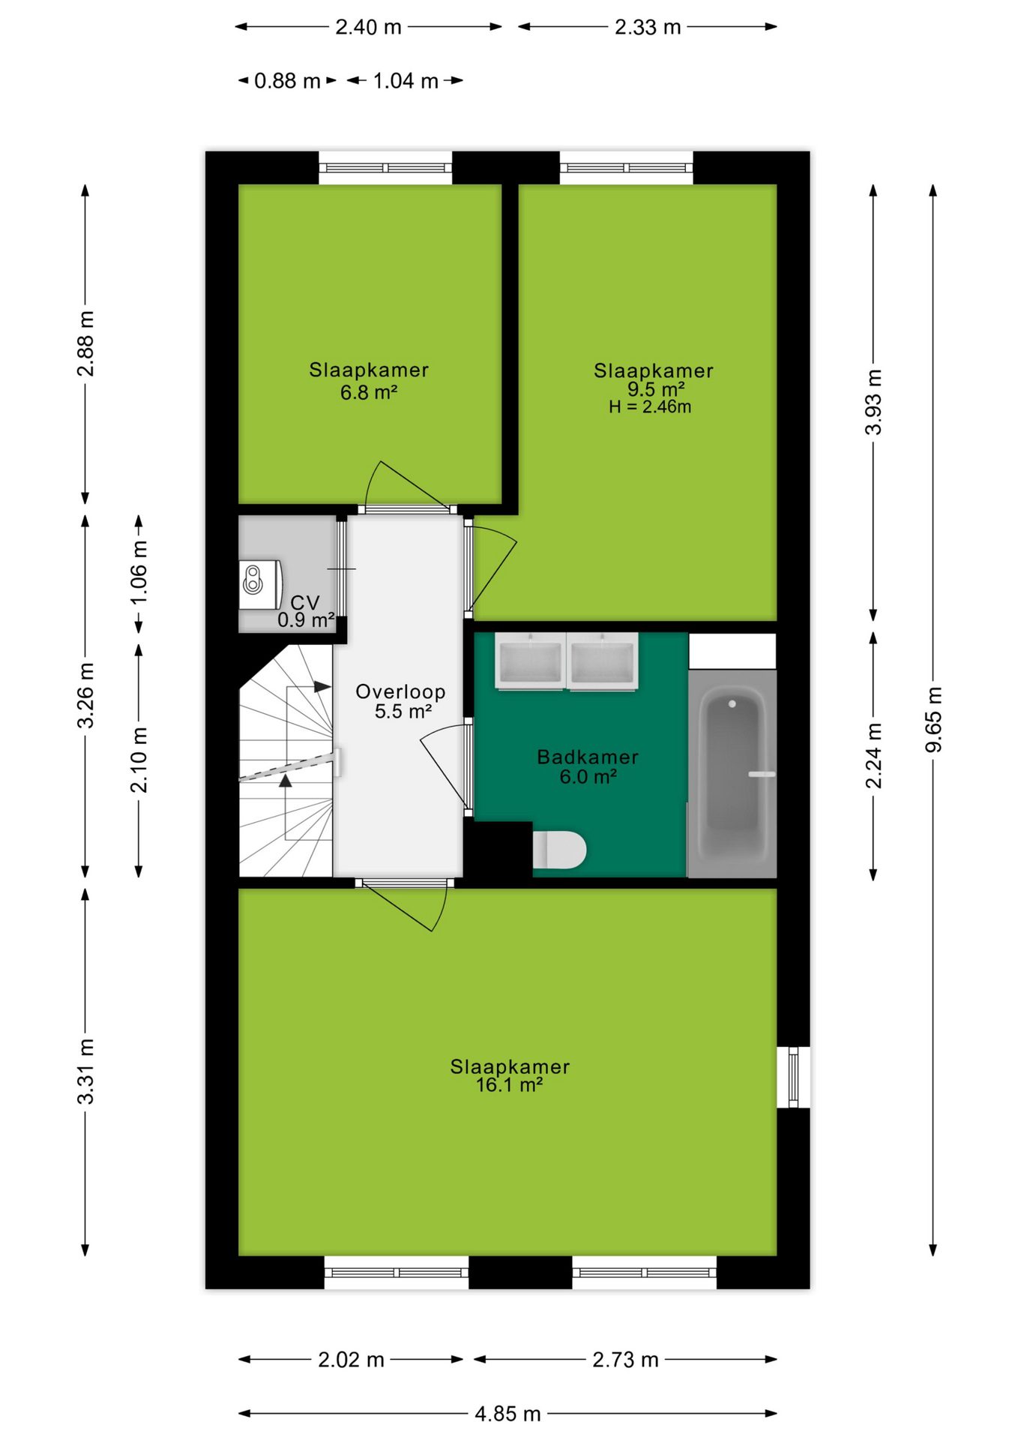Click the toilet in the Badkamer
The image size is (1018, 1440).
click(x=559, y=850)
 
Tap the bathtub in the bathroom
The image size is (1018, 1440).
click(x=732, y=773)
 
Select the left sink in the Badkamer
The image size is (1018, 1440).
click(x=530, y=661)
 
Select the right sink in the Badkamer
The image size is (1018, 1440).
click(x=603, y=661)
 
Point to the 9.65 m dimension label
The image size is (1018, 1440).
click(x=933, y=718)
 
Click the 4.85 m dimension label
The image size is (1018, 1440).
click(x=508, y=1414)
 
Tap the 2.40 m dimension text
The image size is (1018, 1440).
click(x=368, y=27)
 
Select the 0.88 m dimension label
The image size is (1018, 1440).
click(x=287, y=80)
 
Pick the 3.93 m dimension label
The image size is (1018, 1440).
click(x=873, y=402)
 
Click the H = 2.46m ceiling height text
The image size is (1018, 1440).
click(x=650, y=407)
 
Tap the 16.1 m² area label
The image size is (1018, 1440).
click(x=509, y=1084)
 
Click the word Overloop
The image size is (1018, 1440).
click(x=400, y=691)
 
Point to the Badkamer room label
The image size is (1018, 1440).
click(x=588, y=757)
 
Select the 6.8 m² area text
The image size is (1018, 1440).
click(x=368, y=392)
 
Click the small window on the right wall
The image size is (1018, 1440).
click(x=793, y=1077)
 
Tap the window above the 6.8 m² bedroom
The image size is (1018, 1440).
click(x=385, y=167)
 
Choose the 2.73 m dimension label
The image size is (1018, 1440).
click(x=625, y=1360)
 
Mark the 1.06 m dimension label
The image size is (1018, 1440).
click(x=139, y=572)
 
